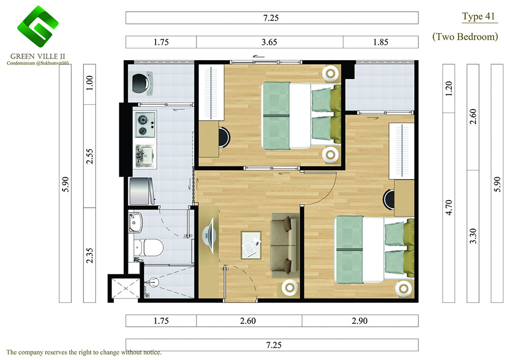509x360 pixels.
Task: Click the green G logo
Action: click(x=38, y=26)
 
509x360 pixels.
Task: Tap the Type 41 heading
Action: click(x=478, y=17)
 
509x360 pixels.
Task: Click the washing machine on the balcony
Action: click(x=141, y=84)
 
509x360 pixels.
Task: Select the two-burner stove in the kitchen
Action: click(x=145, y=125)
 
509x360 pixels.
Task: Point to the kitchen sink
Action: click(x=145, y=156)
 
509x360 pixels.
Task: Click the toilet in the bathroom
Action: click(x=149, y=247)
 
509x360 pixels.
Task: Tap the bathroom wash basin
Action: click(x=135, y=223)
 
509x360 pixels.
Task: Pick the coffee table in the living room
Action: click(x=251, y=245)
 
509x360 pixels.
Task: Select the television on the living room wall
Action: click(x=208, y=236)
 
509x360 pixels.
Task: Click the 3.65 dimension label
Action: click(x=269, y=42)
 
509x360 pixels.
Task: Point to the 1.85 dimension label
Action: click(x=380, y=42)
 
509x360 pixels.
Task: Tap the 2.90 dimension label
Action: click(x=360, y=321)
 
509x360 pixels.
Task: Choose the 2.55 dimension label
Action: click(x=90, y=156)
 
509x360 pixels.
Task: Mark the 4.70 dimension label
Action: click(x=448, y=207)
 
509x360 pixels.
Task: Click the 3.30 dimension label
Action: click(x=473, y=236)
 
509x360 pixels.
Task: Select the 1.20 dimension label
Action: click(x=448, y=89)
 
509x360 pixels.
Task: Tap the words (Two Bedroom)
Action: click(x=465, y=36)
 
